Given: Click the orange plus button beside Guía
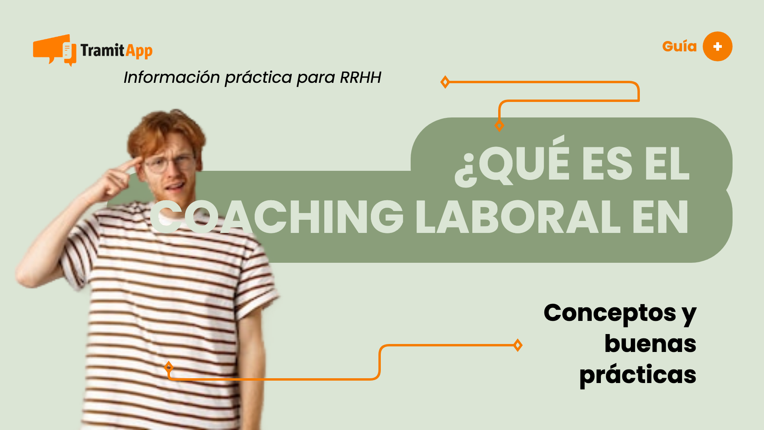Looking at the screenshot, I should point(717,47).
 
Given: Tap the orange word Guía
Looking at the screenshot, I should point(679,47).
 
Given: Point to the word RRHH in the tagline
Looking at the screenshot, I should point(361,77).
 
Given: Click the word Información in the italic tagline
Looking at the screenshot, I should point(172,77).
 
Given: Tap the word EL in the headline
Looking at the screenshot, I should point(667,163).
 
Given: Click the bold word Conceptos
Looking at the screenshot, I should point(610,313).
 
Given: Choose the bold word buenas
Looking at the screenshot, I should point(650,344).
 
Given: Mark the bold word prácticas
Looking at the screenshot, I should point(637,375).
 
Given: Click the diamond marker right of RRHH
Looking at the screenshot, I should point(445,82).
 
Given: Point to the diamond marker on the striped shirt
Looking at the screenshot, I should point(169,367).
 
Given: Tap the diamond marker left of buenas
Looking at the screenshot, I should point(518,345).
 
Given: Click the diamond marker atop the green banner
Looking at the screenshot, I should point(499,126).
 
